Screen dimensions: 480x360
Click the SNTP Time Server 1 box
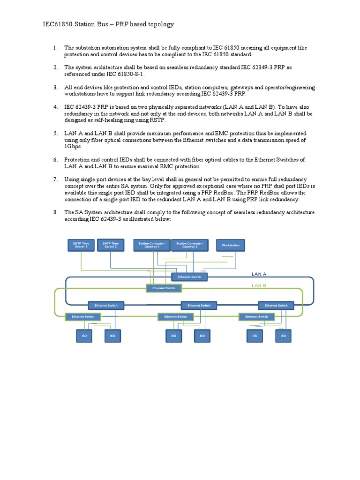(82, 245)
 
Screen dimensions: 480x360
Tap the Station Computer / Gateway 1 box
(151, 245)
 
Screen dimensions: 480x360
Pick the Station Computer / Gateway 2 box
(189, 245)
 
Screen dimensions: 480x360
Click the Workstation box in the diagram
(230, 245)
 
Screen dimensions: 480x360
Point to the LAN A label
(259, 274)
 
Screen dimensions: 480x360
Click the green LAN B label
(259, 285)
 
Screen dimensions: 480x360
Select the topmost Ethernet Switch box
(189, 277)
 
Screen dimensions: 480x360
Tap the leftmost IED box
(84, 336)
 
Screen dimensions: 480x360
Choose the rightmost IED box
(283, 336)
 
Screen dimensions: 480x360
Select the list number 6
(55, 160)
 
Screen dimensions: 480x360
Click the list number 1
(55, 48)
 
